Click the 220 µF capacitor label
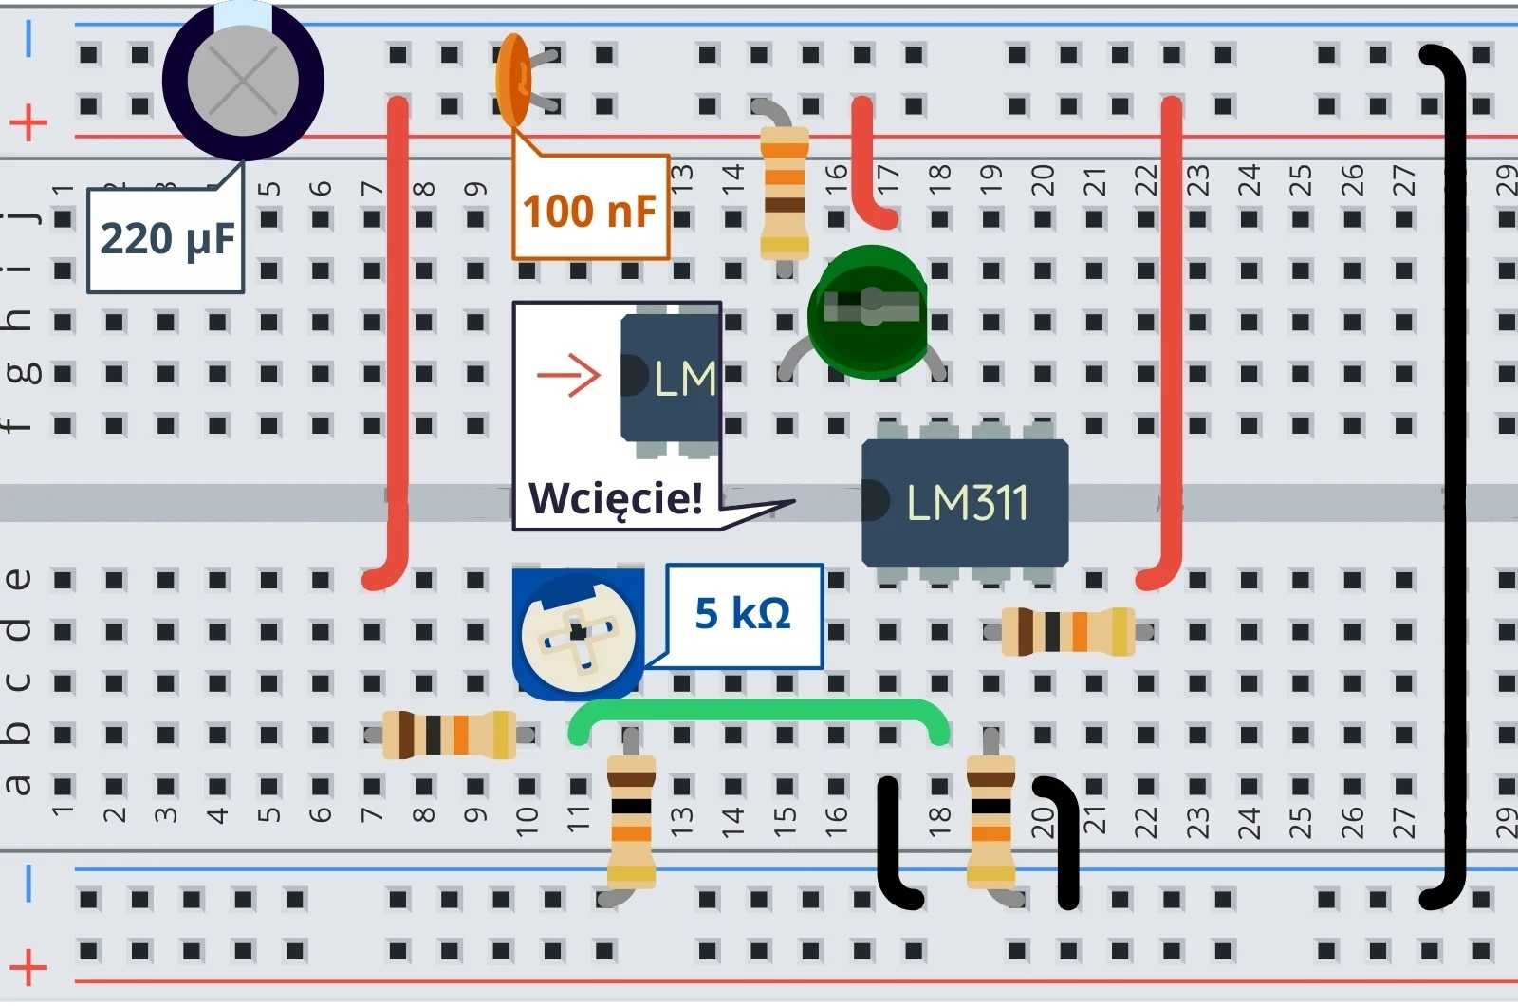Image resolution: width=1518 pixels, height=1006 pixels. click(166, 239)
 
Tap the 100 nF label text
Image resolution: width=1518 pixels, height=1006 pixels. click(589, 211)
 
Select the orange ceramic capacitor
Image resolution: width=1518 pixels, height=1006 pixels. click(512, 80)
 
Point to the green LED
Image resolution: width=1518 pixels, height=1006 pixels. click(867, 311)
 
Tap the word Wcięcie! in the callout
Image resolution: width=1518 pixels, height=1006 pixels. click(616, 498)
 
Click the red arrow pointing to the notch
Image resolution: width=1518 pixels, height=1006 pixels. click(568, 376)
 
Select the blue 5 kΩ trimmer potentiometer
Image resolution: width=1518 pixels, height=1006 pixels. click(577, 634)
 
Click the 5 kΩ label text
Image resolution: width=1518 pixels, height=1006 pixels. click(743, 614)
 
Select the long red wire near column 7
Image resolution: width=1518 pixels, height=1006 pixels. click(399, 342)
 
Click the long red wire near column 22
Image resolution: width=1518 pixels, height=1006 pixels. click(1173, 342)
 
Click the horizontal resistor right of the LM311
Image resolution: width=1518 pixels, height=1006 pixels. click(1068, 632)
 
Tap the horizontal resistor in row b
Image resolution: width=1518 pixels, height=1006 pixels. click(449, 735)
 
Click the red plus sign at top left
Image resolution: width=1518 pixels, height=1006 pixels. click(28, 122)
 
